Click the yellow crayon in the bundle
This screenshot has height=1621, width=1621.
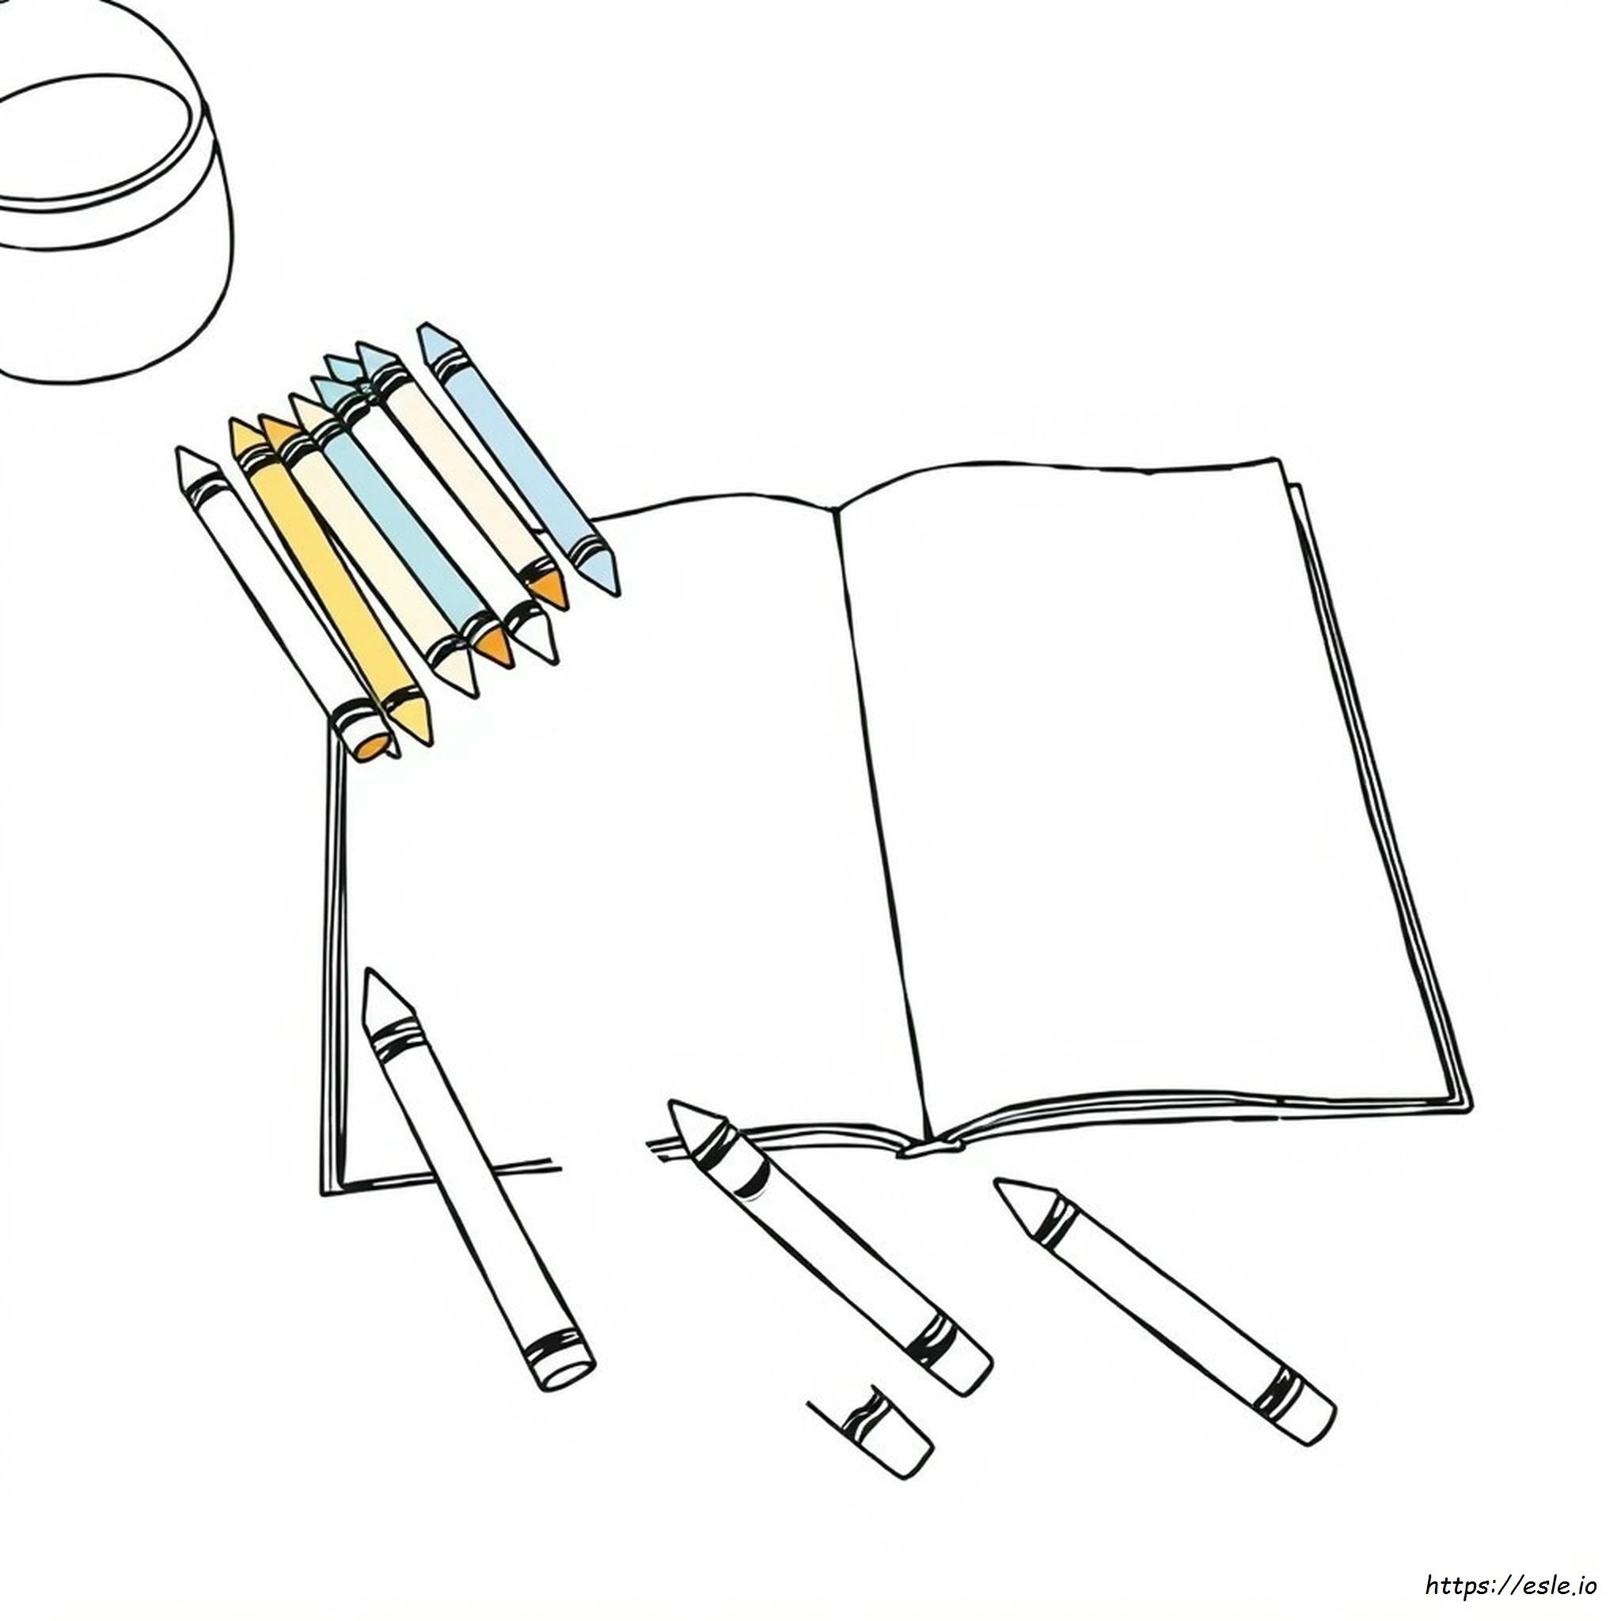pyautogui.click(x=327, y=579)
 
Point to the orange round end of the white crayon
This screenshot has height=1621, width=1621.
pyautogui.click(x=372, y=745)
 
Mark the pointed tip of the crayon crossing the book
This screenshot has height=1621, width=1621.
pyautogui.click(x=367, y=974)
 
